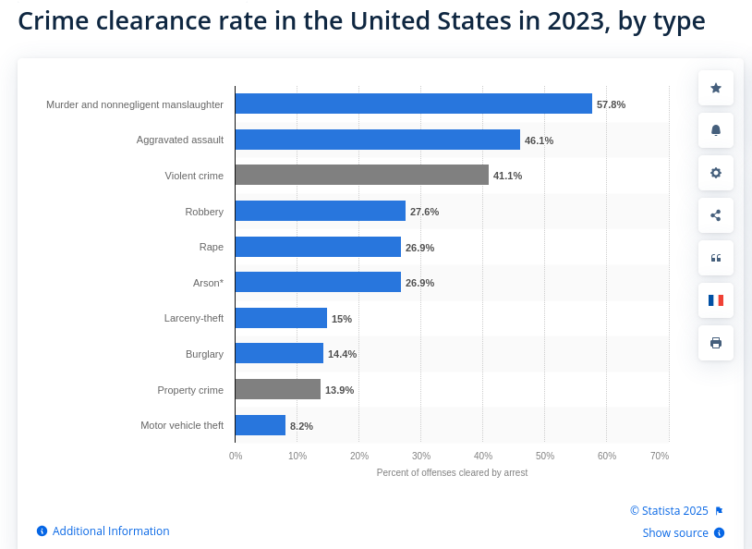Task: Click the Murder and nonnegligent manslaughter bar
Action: coord(413,104)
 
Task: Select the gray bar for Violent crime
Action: coord(361,175)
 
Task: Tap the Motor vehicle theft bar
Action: coord(260,425)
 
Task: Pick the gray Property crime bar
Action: coord(277,389)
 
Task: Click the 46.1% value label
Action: coord(539,140)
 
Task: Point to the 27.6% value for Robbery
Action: coord(424,212)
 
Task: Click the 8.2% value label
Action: coord(301,426)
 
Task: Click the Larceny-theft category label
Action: coord(193,318)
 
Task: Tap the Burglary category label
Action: coord(204,353)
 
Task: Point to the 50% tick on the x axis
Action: coord(545,456)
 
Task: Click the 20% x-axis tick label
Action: coord(359,456)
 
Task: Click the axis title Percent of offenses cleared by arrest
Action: coord(452,472)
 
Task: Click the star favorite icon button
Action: coord(716,88)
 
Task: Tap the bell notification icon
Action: coord(716,130)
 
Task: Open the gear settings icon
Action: coord(716,173)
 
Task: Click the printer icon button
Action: coord(716,343)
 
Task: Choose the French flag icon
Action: coord(716,300)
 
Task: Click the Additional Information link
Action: coord(110,531)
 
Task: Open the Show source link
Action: coord(675,533)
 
